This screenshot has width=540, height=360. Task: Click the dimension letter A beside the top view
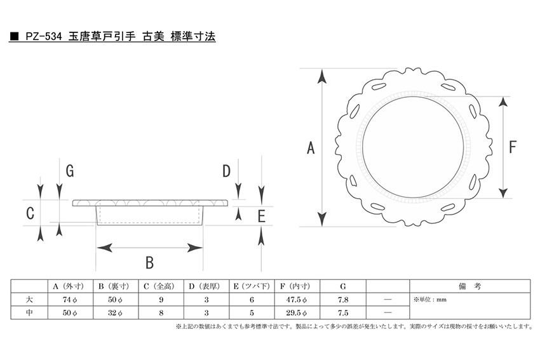tap(311, 148)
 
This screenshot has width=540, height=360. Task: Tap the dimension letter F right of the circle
tap(513, 147)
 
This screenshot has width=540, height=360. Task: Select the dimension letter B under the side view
tap(149, 263)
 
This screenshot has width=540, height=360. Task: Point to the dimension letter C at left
tap(30, 213)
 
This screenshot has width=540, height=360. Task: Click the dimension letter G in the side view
tap(70, 171)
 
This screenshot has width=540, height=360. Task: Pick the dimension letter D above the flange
tap(226, 171)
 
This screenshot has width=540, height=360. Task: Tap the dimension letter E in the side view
tap(261, 217)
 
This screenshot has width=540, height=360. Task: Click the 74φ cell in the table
tap(70, 300)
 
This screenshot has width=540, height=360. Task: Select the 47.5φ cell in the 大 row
tap(296, 300)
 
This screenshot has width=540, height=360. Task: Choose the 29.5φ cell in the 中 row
tap(296, 313)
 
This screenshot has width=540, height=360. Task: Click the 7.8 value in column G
tap(343, 300)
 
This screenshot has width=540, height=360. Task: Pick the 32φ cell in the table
tap(115, 313)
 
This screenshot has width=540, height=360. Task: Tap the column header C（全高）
tap(161, 286)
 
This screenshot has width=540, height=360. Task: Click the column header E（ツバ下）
tap(252, 286)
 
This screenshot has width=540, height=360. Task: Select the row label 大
tap(29, 300)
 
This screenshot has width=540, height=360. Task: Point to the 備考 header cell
tap(469, 286)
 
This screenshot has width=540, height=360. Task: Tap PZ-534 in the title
tap(43, 36)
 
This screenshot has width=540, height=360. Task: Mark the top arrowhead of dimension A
tap(321, 76)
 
